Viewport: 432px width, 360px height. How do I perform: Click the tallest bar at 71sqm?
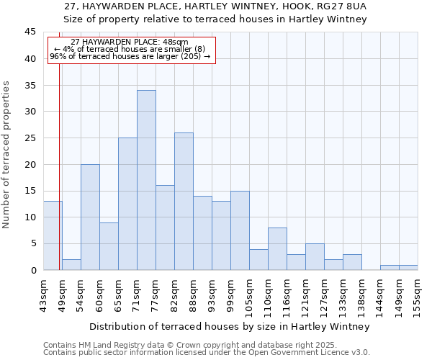pos(146,180)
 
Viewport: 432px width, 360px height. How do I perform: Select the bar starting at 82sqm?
pos(184,202)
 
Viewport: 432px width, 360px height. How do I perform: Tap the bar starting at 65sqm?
pos(127,204)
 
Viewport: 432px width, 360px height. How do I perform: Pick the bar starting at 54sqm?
pos(90,217)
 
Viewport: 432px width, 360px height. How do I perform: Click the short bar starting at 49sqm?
pos(71,264)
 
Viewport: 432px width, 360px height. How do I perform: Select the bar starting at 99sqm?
pos(240,230)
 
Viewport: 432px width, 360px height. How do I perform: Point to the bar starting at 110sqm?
pos(277,248)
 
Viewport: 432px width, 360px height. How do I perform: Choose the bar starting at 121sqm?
pos(315,256)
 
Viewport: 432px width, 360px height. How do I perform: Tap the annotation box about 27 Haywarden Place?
pos(131,50)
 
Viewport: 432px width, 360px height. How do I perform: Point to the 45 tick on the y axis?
pos(30,32)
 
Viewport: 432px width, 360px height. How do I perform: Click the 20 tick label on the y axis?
pos(30,164)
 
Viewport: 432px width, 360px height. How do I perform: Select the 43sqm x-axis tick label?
pos(43,294)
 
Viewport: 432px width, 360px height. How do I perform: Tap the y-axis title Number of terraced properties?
pos(7,154)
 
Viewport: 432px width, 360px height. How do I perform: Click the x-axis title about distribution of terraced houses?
pos(230,326)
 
